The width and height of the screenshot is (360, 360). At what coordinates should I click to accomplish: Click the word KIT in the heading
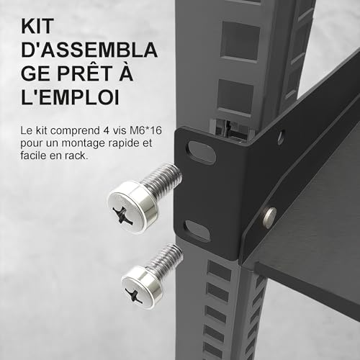point(37,27)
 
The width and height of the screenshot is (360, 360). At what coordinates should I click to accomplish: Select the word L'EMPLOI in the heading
point(70,97)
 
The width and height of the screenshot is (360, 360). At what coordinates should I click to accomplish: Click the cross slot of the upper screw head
point(123,215)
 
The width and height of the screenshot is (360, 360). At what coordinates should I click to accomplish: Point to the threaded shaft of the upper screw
point(162,176)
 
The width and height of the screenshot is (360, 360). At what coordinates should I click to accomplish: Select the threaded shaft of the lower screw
point(166,257)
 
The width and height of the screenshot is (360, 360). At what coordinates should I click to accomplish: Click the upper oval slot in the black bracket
point(202,153)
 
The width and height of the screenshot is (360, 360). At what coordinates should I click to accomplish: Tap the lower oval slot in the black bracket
point(197,230)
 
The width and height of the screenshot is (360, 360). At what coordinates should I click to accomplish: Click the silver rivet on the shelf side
point(269,217)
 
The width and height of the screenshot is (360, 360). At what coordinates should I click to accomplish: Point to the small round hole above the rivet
point(281,138)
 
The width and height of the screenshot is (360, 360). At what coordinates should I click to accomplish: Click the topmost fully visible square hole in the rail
point(240,41)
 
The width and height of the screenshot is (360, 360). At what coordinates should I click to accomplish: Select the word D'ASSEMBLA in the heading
point(89,50)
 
